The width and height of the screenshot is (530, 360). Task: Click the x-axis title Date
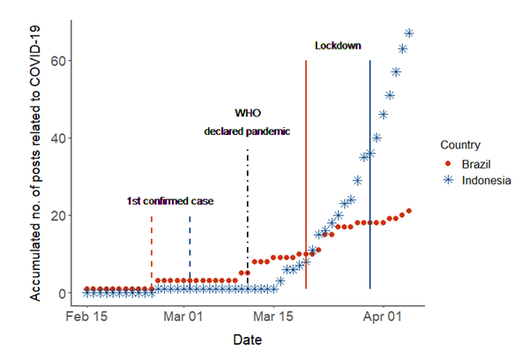248,339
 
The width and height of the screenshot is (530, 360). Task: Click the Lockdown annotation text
338,46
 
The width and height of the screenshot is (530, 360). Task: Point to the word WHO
248,113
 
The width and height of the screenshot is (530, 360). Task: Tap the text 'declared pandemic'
247,131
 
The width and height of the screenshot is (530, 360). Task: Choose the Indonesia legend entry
484,180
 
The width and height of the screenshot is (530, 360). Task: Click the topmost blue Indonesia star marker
409,34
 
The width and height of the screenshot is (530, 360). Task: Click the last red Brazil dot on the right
409,211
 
